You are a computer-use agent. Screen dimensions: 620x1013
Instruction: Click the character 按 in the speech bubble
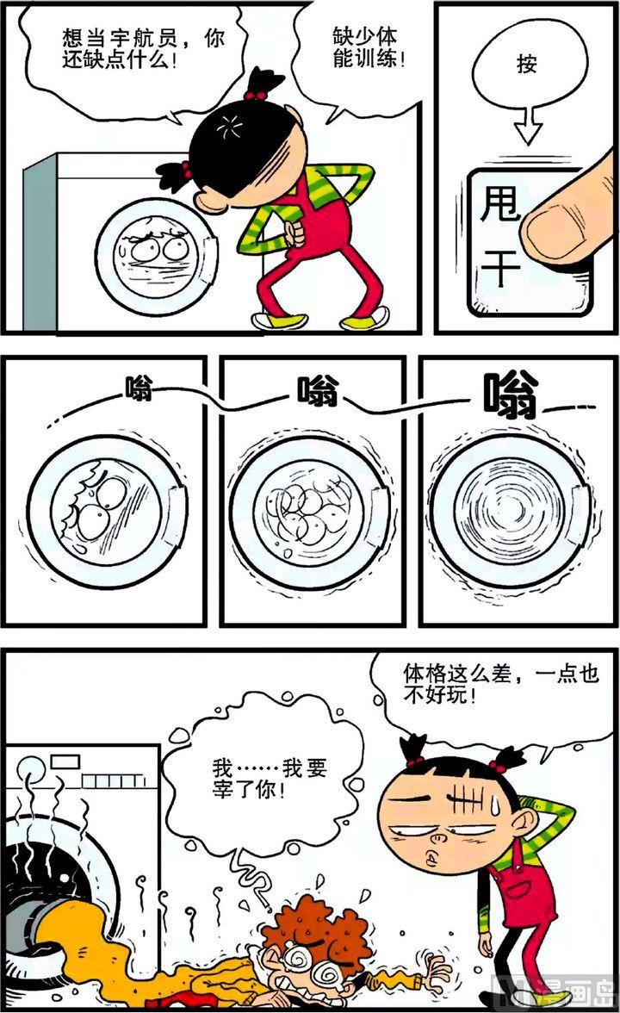527,64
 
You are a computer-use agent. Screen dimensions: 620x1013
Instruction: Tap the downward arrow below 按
529,127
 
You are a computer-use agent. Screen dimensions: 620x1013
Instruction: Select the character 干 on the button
501,266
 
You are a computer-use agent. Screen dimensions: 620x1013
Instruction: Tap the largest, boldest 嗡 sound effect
511,395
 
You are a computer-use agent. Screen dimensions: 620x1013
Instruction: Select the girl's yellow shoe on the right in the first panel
365,318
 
